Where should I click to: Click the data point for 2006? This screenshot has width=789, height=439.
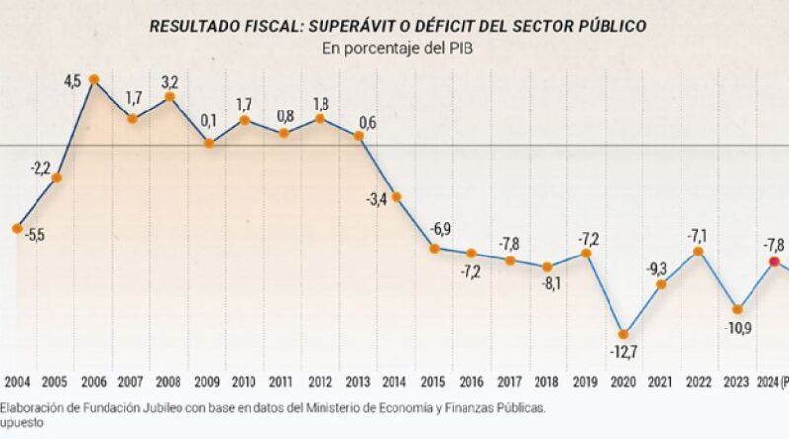(94, 78)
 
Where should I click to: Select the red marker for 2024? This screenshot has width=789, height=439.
(774, 261)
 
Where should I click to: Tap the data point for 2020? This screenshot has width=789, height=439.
(623, 333)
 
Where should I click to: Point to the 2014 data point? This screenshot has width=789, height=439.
(396, 196)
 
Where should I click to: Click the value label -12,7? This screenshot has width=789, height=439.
(622, 353)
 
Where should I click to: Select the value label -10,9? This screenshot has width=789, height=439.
(736, 328)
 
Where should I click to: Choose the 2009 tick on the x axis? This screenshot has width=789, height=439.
(207, 380)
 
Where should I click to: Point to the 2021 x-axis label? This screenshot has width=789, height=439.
(661, 380)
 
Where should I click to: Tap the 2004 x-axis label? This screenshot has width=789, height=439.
(18, 380)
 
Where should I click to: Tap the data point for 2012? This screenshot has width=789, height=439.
(321, 118)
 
